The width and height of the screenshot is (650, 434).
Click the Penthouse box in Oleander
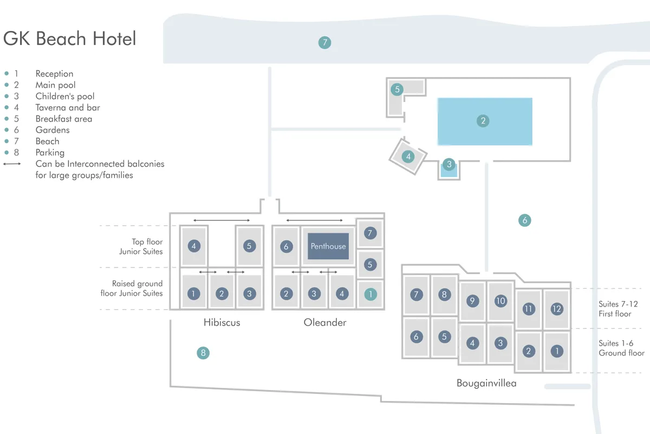tap(328, 246)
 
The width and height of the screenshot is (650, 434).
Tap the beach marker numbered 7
tap(324, 42)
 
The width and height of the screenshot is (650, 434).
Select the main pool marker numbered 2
tap(483, 121)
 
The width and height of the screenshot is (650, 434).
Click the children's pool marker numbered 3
tap(448, 164)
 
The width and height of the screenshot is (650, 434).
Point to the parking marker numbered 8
tap(203, 353)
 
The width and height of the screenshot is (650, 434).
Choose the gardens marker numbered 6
tap(524, 220)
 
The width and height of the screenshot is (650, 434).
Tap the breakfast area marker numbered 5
tap(397, 89)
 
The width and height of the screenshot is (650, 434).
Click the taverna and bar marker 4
tap(408, 157)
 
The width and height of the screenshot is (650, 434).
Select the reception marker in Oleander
tap(370, 294)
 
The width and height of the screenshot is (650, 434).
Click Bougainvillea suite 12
tap(556, 309)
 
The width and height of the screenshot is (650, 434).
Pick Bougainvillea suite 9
tap(472, 301)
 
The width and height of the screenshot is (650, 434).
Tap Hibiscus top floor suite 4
tap(193, 246)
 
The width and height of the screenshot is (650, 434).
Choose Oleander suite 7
tap(370, 233)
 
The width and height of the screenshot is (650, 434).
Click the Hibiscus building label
tap(222, 322)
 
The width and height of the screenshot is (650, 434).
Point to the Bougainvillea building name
tap(486, 383)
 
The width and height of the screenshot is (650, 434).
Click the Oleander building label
tap(325, 322)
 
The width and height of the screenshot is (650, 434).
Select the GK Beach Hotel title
tap(69, 39)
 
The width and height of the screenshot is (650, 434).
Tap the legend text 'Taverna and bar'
tap(68, 107)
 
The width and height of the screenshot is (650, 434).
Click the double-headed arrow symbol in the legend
tap(12, 164)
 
